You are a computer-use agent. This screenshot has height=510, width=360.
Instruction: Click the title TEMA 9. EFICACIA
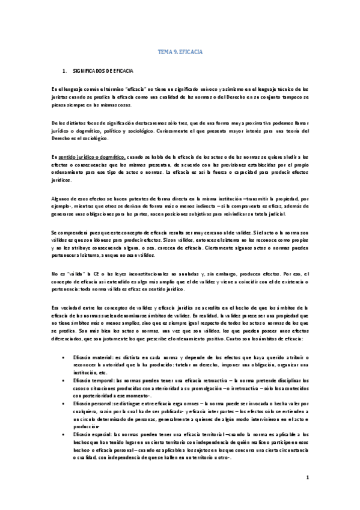(x=180, y=52)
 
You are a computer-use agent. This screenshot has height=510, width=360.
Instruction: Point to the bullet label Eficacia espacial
(x=92, y=434)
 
